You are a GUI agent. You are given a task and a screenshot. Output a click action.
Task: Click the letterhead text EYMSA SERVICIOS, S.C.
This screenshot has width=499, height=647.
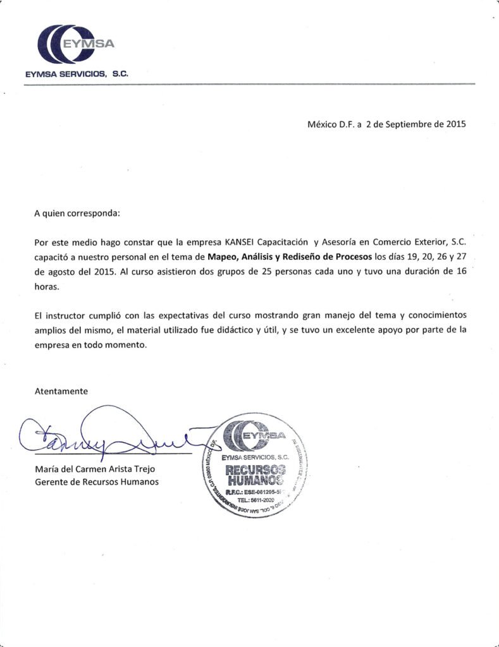(x=76, y=74)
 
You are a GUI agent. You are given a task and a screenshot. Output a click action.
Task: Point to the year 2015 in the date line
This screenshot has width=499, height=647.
(x=456, y=124)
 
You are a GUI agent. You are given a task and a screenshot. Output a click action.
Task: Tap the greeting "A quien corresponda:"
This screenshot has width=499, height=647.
(x=77, y=214)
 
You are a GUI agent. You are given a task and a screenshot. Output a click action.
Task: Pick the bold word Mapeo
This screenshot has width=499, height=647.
(x=223, y=257)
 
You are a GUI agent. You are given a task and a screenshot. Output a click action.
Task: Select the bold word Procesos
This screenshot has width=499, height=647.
(x=351, y=257)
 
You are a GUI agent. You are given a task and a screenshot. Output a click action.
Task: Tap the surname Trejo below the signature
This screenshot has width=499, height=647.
(x=142, y=469)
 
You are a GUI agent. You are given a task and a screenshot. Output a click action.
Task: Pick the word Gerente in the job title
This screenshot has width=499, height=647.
(x=50, y=482)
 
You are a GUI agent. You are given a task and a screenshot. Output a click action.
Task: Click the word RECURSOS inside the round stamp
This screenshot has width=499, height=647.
(x=256, y=469)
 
